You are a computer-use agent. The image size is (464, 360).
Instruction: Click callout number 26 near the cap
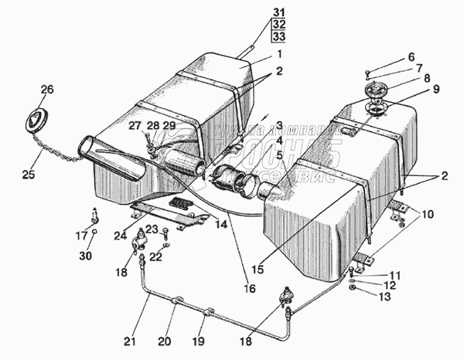coord(47,90)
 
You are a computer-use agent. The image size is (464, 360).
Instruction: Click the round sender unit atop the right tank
coord(374,101)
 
